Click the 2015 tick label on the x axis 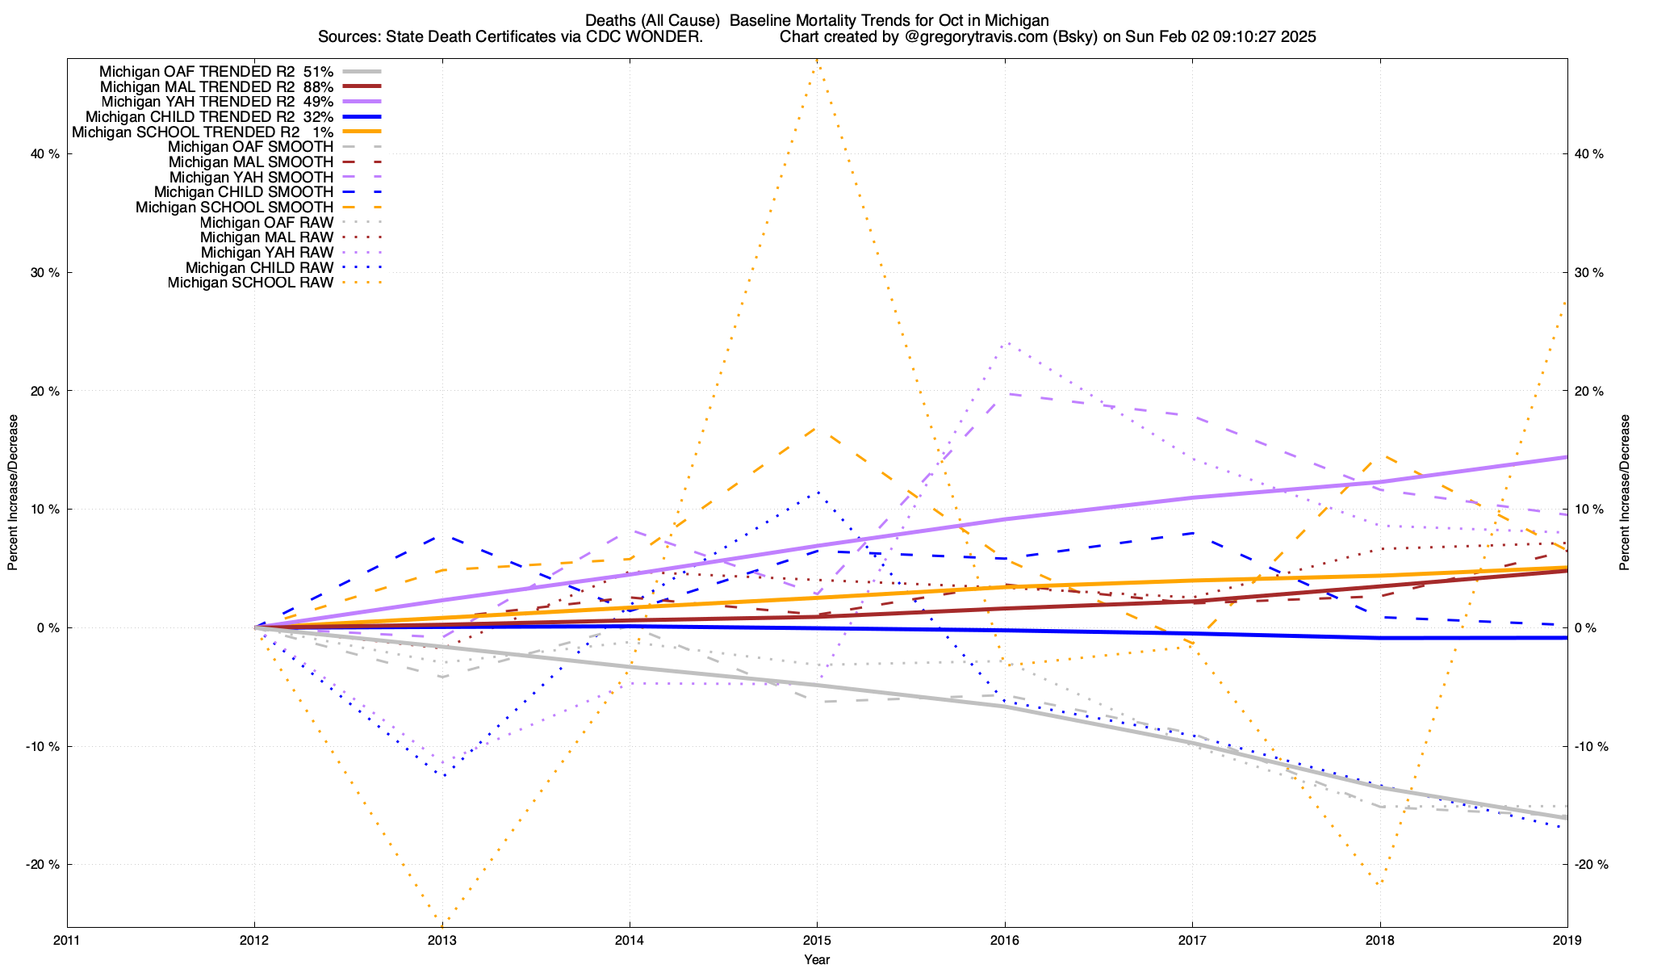(817, 940)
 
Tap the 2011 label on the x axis (67, 940)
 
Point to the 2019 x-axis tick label (1567, 940)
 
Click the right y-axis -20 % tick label (1591, 865)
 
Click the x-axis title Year (817, 959)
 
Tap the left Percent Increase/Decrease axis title (13, 493)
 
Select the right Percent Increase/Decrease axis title (1625, 493)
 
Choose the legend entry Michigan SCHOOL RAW (250, 283)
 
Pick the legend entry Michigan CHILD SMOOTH (243, 192)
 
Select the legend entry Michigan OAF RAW (266, 223)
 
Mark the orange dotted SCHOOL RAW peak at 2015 (817, 60)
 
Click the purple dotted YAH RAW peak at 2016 (1005, 342)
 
